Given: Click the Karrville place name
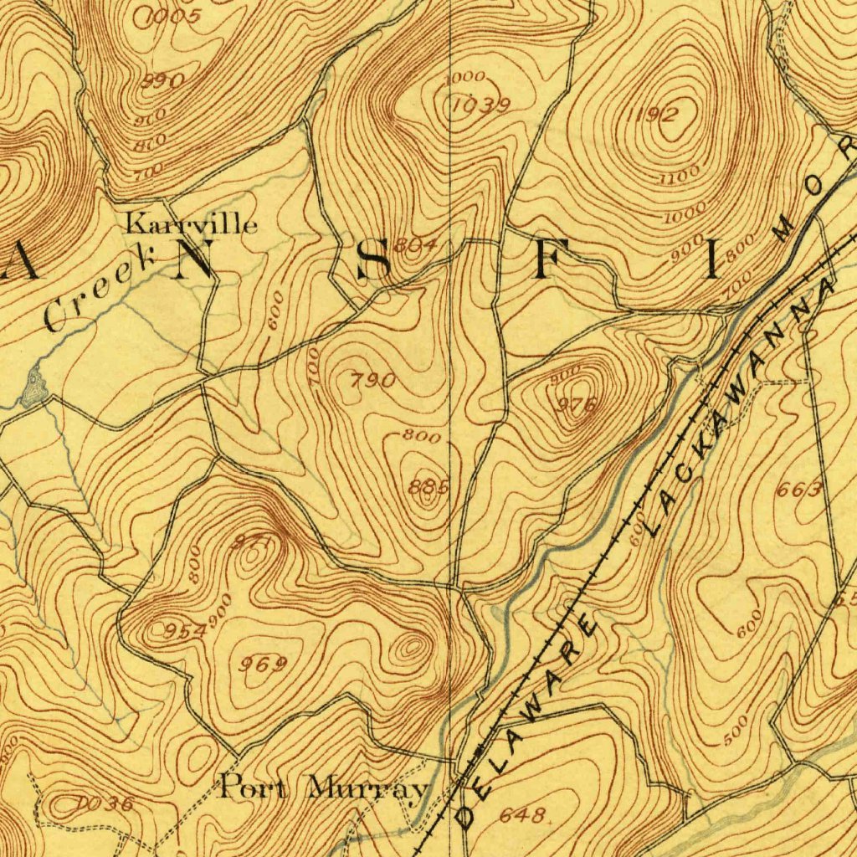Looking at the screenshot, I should click(192, 224).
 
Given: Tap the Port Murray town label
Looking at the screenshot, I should click(324, 788).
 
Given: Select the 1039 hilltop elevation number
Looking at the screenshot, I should click(480, 105).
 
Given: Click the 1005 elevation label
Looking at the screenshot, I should click(173, 16).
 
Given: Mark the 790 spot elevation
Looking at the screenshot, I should click(372, 381).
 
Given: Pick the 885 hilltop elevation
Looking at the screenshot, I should click(428, 486).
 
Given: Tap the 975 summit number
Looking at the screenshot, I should click(577, 405).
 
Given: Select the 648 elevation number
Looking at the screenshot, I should click(523, 815).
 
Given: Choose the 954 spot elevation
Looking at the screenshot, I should click(184, 629).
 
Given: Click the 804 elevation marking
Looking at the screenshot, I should click(416, 244).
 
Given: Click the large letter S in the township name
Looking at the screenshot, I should click(372, 261).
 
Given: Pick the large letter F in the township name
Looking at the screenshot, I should click(543, 261).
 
